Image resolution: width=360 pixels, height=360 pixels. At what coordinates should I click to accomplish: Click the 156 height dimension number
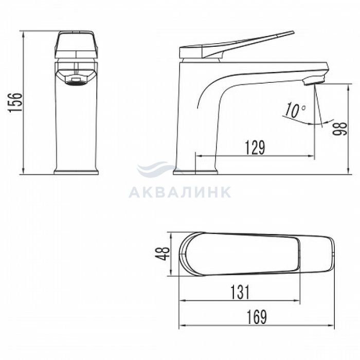(x=15, y=103)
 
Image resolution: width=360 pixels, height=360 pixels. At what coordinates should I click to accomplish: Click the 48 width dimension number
(x=163, y=254)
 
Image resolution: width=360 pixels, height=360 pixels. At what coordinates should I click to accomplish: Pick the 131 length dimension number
(x=240, y=292)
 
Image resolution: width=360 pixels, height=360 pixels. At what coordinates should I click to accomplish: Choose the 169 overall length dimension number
(x=257, y=317)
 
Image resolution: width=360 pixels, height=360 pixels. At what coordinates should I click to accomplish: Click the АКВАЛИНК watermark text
(x=180, y=192)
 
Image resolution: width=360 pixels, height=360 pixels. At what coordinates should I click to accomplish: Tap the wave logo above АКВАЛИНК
(x=158, y=168)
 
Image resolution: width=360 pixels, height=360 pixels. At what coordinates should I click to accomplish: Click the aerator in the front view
(x=76, y=81)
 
